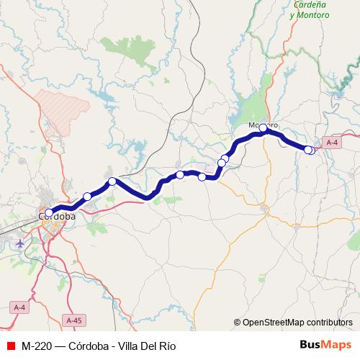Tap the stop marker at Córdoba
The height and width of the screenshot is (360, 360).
(49, 213)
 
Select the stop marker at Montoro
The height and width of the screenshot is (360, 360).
(264, 128)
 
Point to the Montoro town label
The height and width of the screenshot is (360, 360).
(263, 125)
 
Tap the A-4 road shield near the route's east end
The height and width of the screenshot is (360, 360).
(332, 143)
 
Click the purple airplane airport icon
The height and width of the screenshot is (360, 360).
(19, 243)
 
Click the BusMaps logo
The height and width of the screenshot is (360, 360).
(325, 344)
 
